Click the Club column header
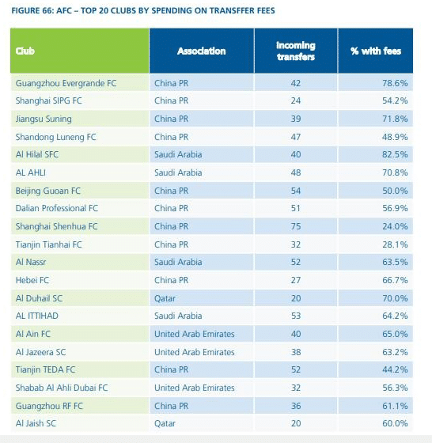[25, 51]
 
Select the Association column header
[202, 51]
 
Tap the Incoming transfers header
[296, 51]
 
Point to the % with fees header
[376, 51]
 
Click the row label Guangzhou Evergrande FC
[66, 83]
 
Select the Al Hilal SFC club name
[37, 154]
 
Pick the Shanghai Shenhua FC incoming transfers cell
[296, 226]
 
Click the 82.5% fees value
[395, 154]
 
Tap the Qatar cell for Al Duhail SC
[165, 298]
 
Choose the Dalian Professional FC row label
[57, 208]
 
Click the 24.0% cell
[395, 226]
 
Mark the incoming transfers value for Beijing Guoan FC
[296, 191]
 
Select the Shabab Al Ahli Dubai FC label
[62, 388]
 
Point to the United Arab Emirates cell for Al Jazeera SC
[195, 352]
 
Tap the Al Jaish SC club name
[36, 423]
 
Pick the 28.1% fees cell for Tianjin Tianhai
[395, 244]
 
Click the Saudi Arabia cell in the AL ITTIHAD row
[178, 316]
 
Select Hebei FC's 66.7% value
[395, 280]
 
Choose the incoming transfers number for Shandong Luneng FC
[296, 137]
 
